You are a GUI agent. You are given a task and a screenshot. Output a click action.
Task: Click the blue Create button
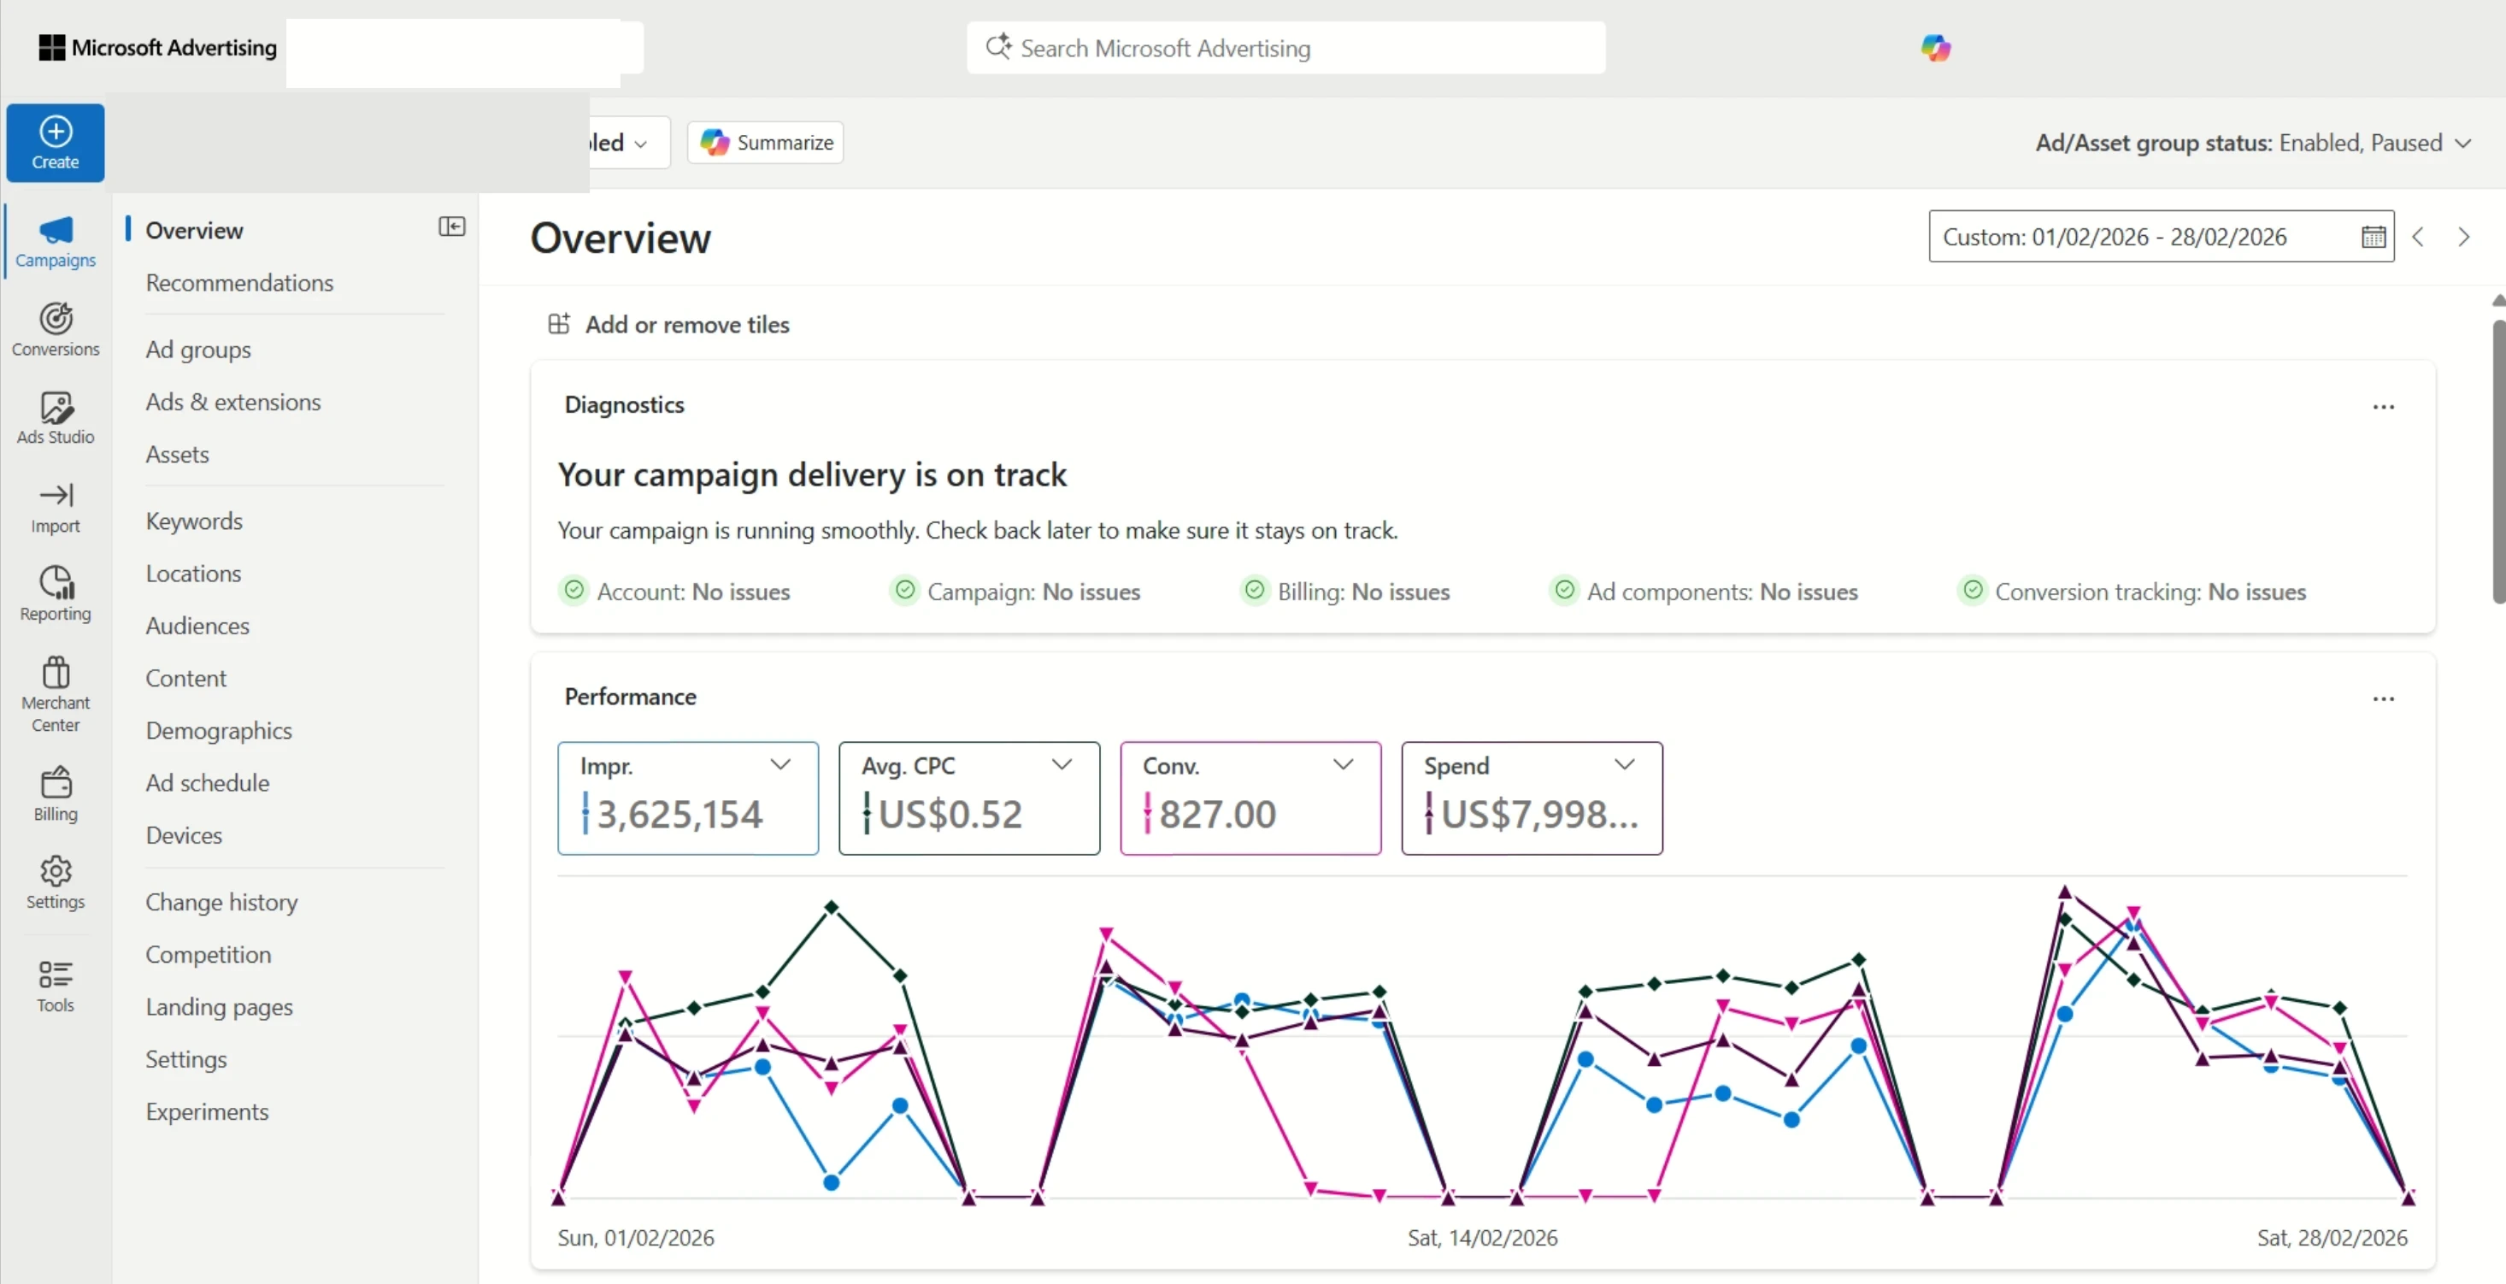click(56, 143)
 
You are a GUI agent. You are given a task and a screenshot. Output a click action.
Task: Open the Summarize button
click(766, 143)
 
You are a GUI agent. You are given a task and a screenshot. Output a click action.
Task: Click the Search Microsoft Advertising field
click(1284, 48)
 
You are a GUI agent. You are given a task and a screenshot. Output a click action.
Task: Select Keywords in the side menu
click(194, 521)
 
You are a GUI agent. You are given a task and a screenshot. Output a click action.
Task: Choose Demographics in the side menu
click(218, 731)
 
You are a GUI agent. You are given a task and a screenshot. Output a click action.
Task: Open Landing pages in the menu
click(218, 1007)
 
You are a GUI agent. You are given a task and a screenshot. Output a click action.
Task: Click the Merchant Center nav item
click(56, 693)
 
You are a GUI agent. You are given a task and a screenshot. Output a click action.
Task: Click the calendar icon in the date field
click(2373, 238)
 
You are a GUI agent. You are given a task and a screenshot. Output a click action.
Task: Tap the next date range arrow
click(2463, 238)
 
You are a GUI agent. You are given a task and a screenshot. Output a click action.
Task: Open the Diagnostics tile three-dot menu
click(2382, 407)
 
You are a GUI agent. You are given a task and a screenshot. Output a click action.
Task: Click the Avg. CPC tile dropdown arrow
click(1062, 764)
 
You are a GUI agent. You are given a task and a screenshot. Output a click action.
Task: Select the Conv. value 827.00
click(1216, 814)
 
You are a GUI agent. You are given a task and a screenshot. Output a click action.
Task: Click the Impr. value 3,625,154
click(679, 814)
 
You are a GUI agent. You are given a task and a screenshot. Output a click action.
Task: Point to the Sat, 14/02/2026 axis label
click(1481, 1237)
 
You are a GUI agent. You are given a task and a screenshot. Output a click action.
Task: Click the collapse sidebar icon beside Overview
click(451, 227)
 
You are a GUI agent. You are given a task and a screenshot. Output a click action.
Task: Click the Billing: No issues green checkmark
click(1254, 591)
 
